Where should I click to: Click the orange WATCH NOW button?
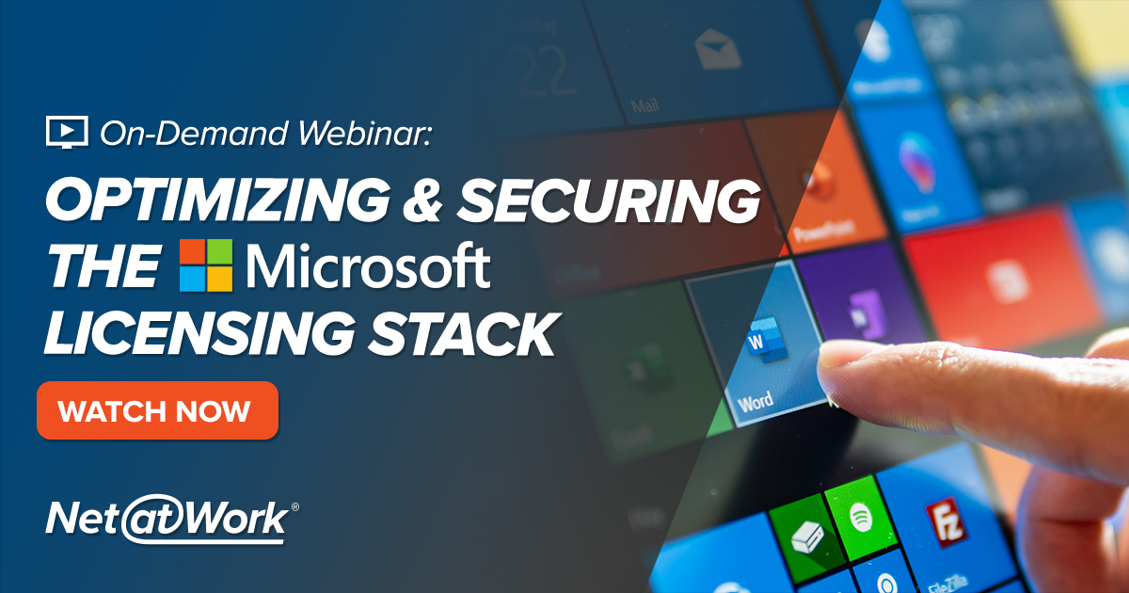(x=157, y=410)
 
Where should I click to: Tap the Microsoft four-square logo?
(x=206, y=264)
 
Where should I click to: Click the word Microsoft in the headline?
(x=368, y=266)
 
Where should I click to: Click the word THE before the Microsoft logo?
(x=103, y=267)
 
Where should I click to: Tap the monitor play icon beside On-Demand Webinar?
(x=66, y=133)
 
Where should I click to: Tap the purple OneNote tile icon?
(x=863, y=307)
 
